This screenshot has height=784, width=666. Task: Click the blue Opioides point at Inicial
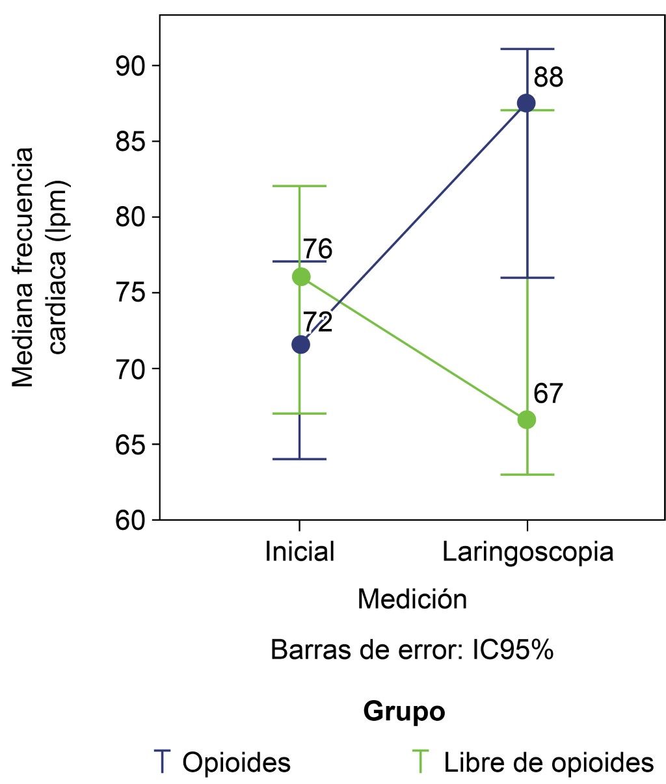(x=300, y=345)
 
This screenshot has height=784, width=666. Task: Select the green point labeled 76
(x=300, y=277)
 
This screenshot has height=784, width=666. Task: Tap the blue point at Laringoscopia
(x=526, y=103)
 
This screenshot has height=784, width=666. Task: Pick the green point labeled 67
(x=526, y=420)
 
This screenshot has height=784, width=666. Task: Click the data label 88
(x=548, y=78)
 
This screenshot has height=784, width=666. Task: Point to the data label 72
(x=317, y=322)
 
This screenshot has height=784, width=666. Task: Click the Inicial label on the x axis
(x=300, y=552)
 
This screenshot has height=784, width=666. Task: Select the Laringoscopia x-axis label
(x=527, y=552)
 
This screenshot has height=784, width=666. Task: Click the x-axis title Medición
(x=412, y=599)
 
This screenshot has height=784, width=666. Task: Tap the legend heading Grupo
(x=404, y=711)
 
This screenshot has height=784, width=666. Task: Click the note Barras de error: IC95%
(x=412, y=650)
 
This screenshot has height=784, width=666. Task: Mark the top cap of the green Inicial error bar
(x=300, y=186)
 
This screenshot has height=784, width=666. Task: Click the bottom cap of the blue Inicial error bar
(x=300, y=459)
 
